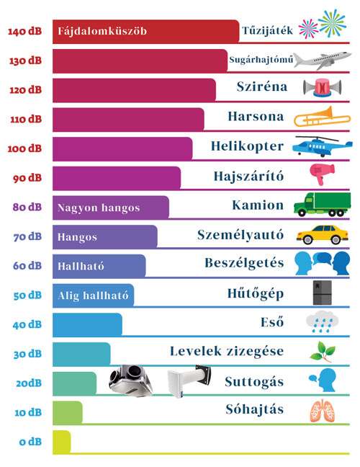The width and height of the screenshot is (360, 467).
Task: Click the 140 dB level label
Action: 24,31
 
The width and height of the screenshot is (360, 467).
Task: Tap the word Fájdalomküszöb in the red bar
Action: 102,31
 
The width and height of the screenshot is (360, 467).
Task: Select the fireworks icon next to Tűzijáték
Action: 323,24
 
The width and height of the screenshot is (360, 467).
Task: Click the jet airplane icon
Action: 323,61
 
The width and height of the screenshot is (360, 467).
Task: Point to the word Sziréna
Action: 262,86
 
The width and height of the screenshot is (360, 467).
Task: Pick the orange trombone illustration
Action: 323,117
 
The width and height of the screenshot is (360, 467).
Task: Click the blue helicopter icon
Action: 323,146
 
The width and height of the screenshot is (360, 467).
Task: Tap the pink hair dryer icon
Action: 322,174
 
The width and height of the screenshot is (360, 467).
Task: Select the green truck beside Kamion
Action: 323,205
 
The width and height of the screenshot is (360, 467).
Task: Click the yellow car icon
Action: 323,235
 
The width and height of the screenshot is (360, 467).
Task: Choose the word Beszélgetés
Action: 244,263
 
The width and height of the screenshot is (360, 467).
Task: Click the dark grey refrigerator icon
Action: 323,293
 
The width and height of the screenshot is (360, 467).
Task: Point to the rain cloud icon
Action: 323,321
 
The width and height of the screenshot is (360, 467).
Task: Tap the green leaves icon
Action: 323,352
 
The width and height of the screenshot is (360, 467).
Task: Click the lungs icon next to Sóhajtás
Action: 323,411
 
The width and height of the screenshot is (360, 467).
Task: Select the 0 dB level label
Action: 30,442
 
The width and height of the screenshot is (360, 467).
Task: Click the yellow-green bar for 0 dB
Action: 62,442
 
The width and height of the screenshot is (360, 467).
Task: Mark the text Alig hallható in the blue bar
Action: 93,295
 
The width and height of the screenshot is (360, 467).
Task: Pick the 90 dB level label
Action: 27,178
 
